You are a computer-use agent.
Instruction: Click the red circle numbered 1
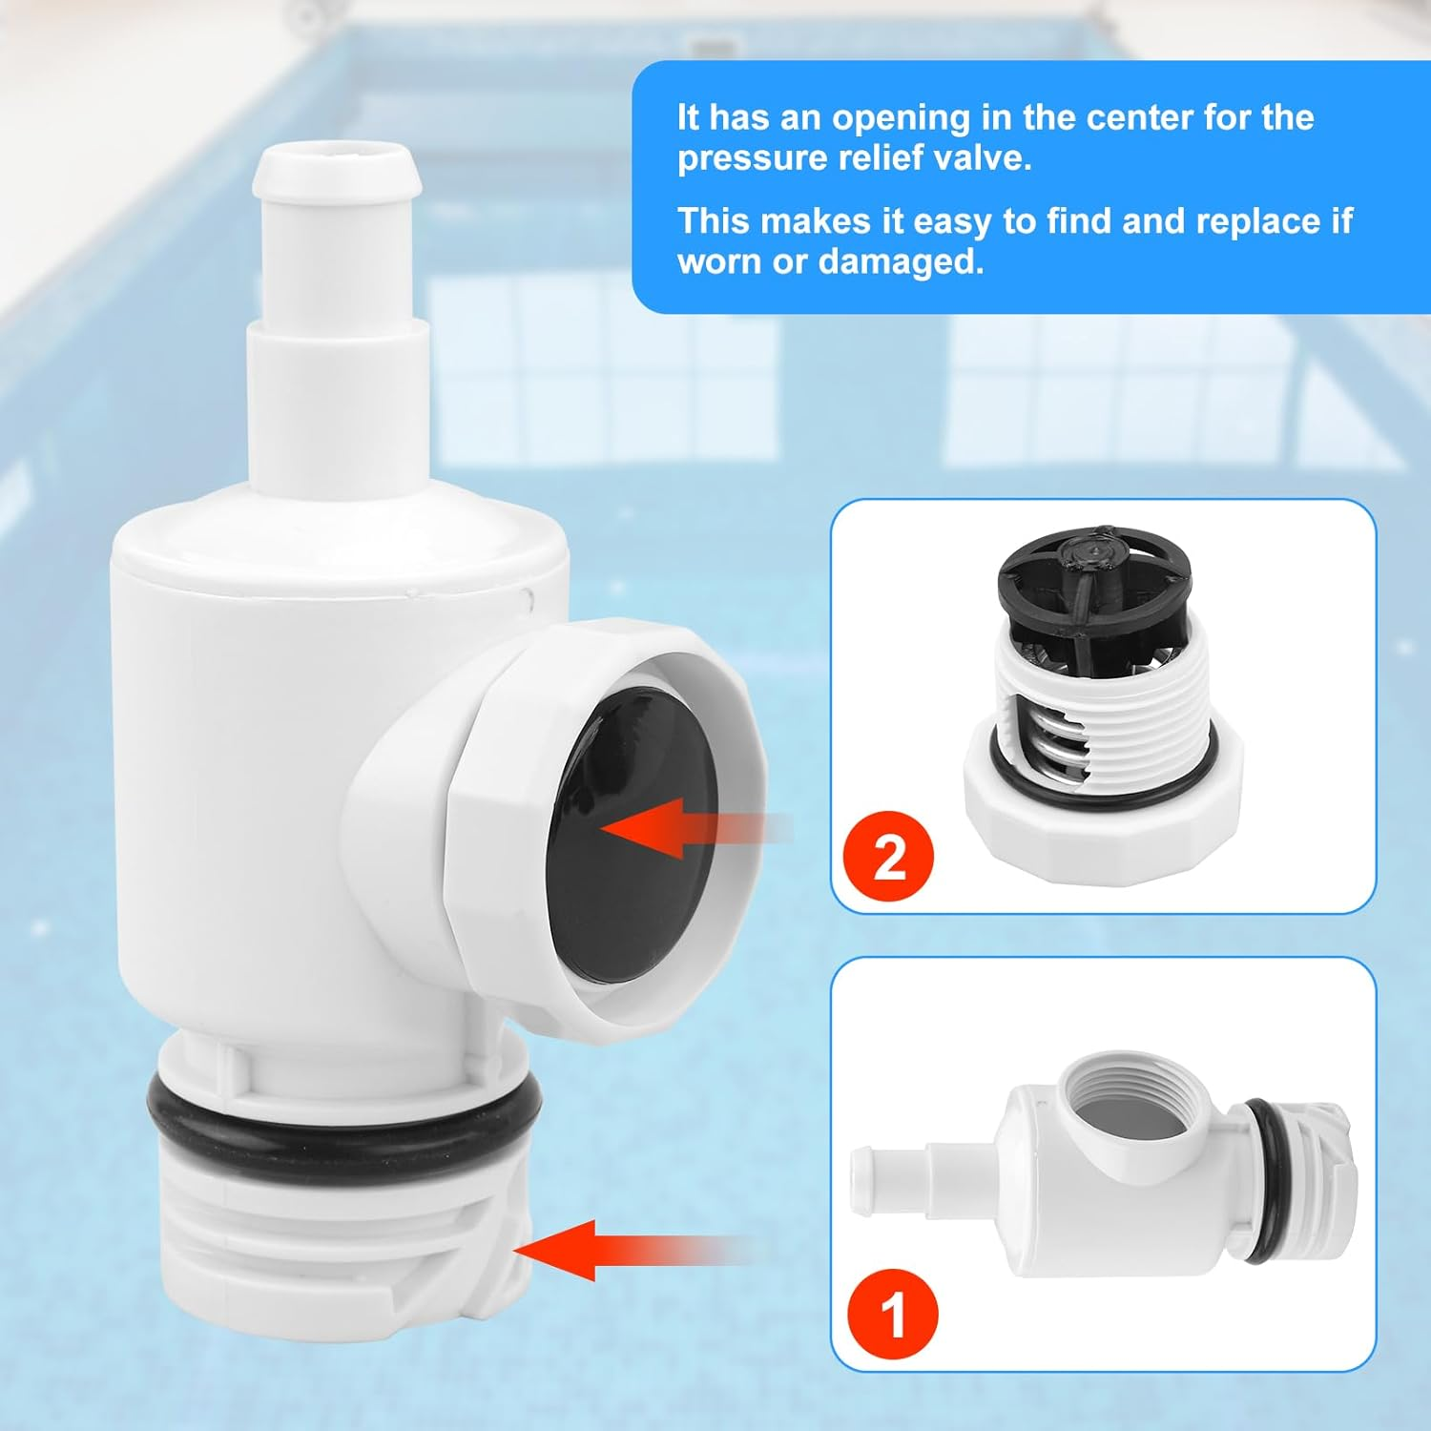coord(892,1316)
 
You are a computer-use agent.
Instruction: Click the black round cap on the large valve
coord(630,840)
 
